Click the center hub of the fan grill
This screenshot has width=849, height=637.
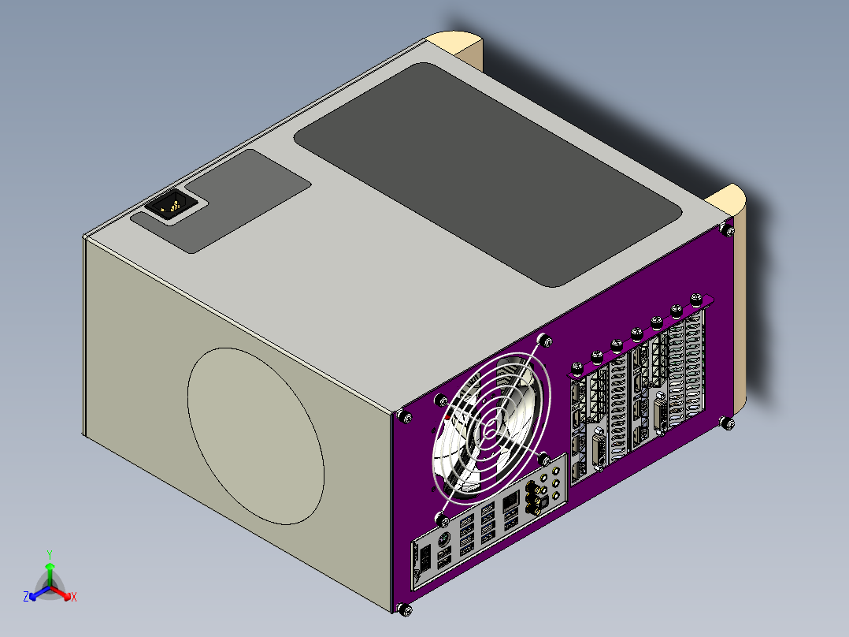(490, 431)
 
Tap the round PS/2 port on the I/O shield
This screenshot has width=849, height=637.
(443, 539)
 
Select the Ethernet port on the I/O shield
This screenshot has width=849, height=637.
(510, 503)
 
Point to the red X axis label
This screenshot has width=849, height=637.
(74, 597)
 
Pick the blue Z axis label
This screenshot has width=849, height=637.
(26, 596)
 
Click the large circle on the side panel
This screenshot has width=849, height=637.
(255, 436)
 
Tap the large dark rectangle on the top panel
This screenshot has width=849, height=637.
(488, 173)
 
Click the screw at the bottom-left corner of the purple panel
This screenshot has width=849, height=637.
(405, 609)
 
